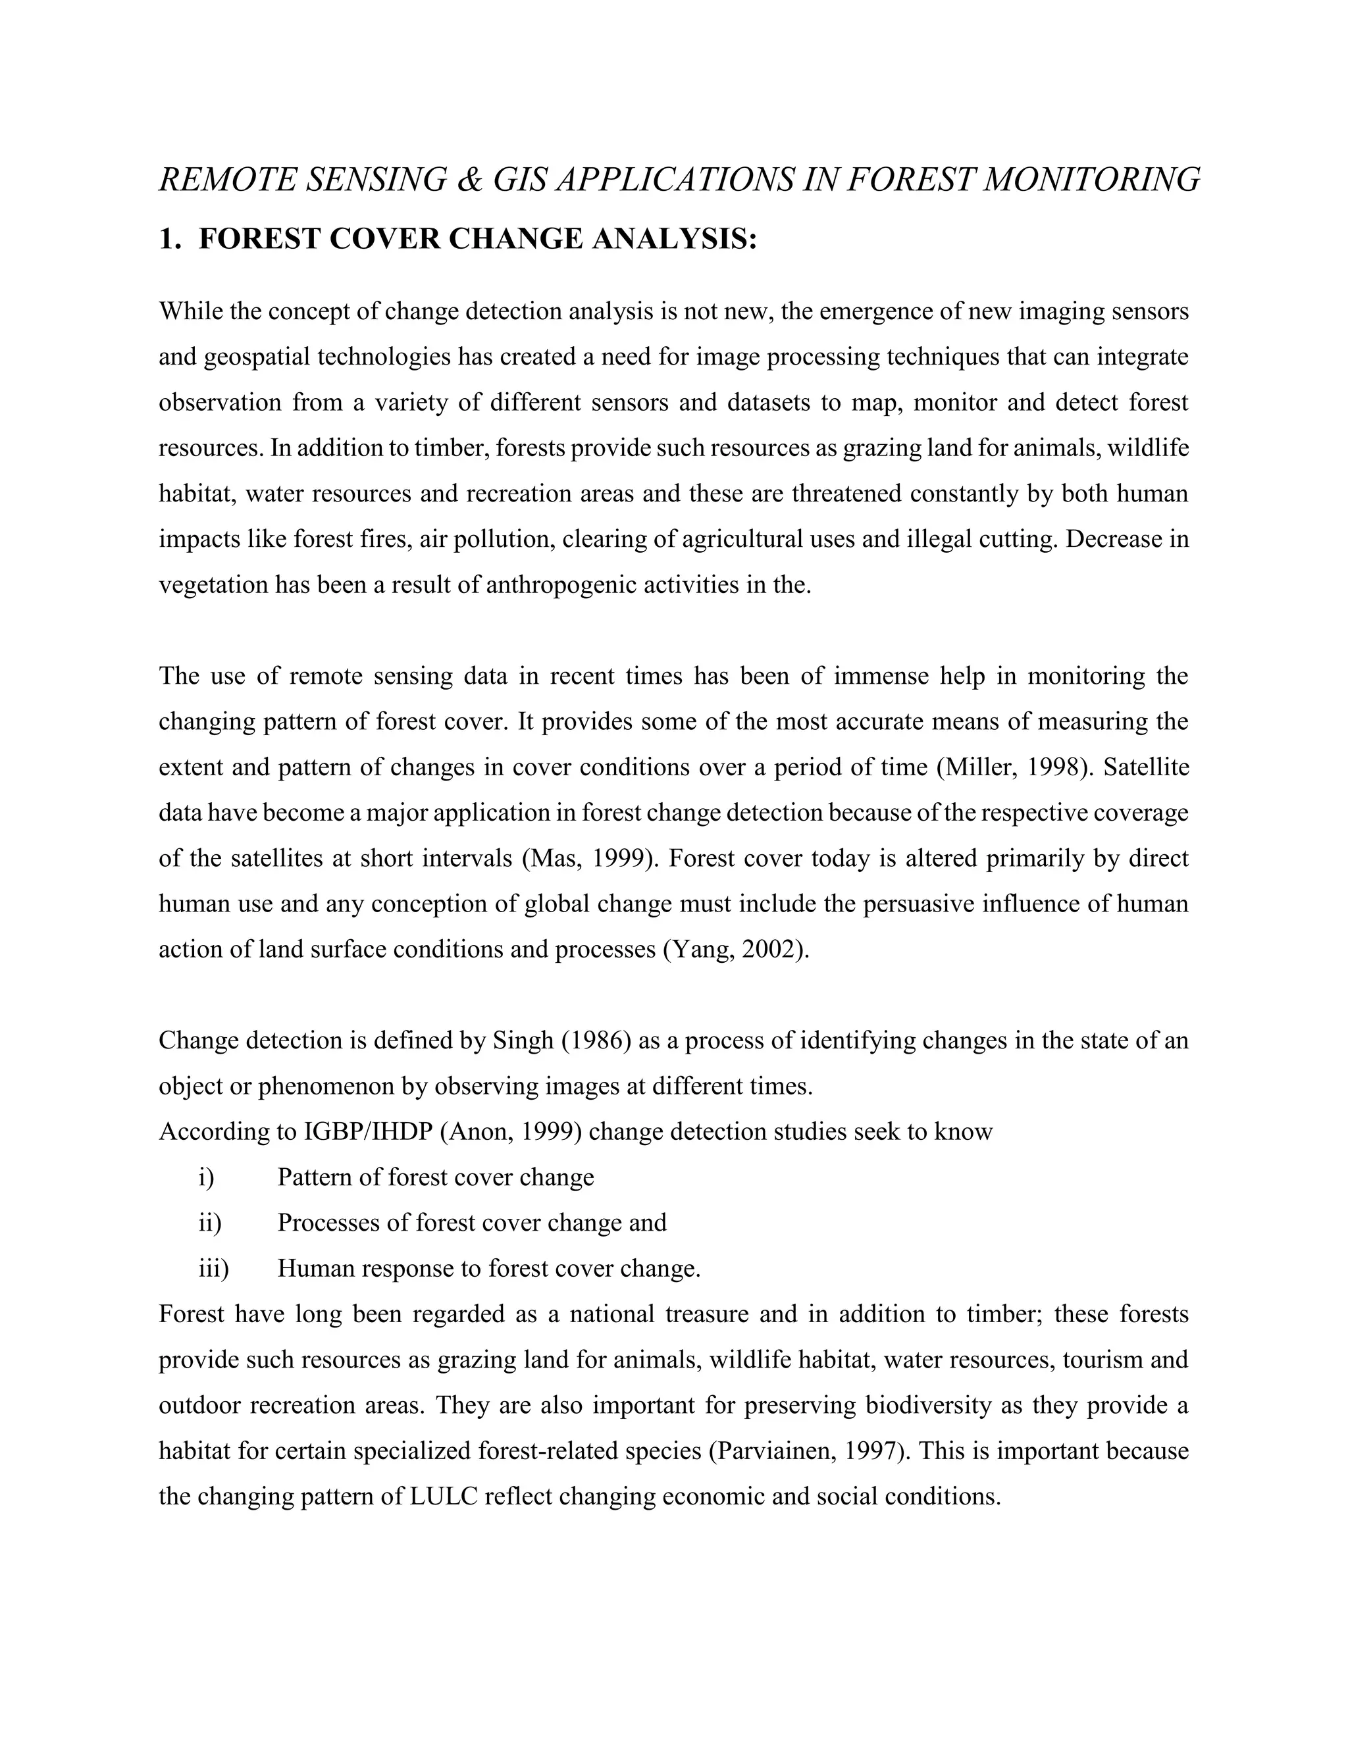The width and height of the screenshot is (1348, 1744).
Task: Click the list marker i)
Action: click(x=206, y=1177)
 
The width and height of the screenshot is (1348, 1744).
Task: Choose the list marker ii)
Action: click(x=209, y=1223)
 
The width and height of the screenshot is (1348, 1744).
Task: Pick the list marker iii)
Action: click(x=213, y=1268)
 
